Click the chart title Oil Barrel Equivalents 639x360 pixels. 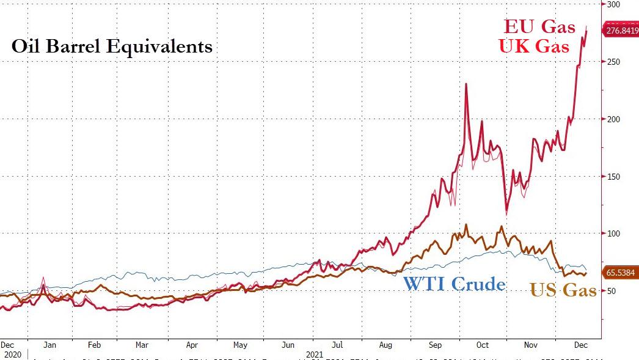coord(112,46)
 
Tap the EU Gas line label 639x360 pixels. coord(539,27)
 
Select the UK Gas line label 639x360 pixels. coord(535,46)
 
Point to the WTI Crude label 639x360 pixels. coord(454,284)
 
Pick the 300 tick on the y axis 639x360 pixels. coord(612,4)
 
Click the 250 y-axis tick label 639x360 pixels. coord(612,62)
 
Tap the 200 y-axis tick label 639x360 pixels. coord(612,119)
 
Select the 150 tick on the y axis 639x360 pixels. coord(612,177)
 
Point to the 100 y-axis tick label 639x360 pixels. coord(612,233)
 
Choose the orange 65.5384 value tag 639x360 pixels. coord(620,273)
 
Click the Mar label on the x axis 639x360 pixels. coord(142,345)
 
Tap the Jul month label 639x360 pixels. coord(337,345)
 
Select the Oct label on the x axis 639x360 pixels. coord(483,345)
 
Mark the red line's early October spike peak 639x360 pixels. coord(466,84)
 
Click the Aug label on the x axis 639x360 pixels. coord(386,345)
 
